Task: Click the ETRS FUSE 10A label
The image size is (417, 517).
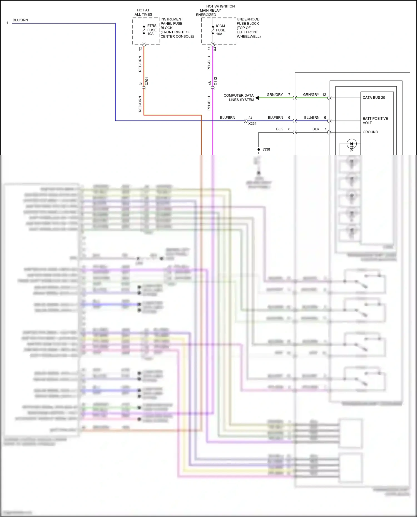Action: pyautogui.click(x=152, y=30)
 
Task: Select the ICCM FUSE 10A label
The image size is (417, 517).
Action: pyautogui.click(x=220, y=30)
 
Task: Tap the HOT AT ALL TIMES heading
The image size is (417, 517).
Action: pyautogui.click(x=143, y=13)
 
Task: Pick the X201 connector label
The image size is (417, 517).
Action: pyautogui.click(x=147, y=81)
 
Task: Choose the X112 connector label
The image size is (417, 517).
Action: pyautogui.click(x=215, y=81)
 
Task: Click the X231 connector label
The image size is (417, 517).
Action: pyautogui.click(x=252, y=124)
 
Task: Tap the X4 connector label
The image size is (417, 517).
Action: pyautogui.click(x=215, y=49)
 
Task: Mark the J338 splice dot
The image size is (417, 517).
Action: pyautogui.click(x=259, y=149)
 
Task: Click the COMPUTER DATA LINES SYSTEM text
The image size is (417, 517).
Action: pyautogui.click(x=239, y=98)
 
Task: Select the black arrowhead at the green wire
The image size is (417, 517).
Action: pyautogui.click(x=257, y=98)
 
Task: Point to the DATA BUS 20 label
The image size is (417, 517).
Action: pyautogui.click(x=374, y=98)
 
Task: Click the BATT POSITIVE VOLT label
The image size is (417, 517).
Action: pyautogui.click(x=375, y=121)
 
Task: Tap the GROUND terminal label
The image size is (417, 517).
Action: pyautogui.click(x=370, y=132)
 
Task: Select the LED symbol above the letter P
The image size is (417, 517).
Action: pyautogui.click(x=351, y=144)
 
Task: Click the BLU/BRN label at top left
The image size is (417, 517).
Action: pyautogui.click(x=20, y=20)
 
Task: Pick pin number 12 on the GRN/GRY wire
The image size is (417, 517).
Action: pyautogui.click(x=324, y=95)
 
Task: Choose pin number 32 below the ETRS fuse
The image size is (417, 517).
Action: pyautogui.click(x=140, y=49)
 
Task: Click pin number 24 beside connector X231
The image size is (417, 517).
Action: pyautogui.click(x=250, y=118)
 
